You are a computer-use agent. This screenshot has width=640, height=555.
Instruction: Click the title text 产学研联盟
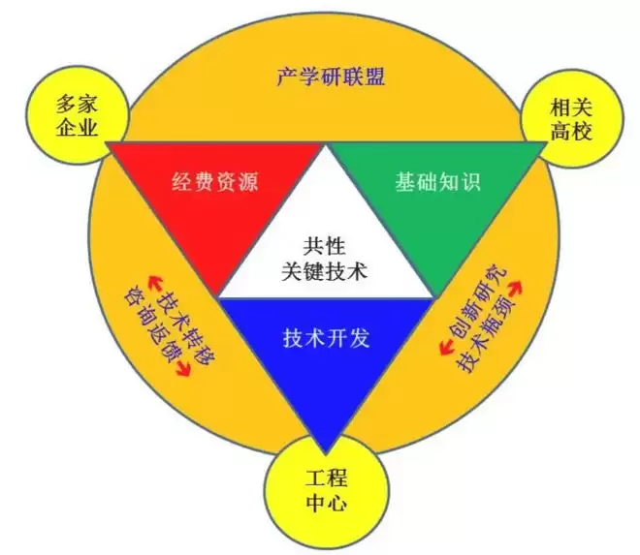(331, 76)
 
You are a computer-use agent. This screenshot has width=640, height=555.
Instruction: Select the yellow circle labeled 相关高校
(572, 119)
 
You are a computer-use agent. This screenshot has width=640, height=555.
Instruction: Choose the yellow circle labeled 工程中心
(327, 491)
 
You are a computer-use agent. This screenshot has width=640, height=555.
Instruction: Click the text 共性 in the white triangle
(324, 246)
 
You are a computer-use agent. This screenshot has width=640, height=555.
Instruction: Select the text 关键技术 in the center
(324, 270)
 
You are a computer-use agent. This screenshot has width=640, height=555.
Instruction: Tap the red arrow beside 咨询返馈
(182, 369)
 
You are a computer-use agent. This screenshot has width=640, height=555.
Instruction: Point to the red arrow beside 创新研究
(515, 287)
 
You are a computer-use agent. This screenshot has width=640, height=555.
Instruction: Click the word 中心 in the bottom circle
(327, 504)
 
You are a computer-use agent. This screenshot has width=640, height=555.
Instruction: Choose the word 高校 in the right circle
(571, 132)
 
